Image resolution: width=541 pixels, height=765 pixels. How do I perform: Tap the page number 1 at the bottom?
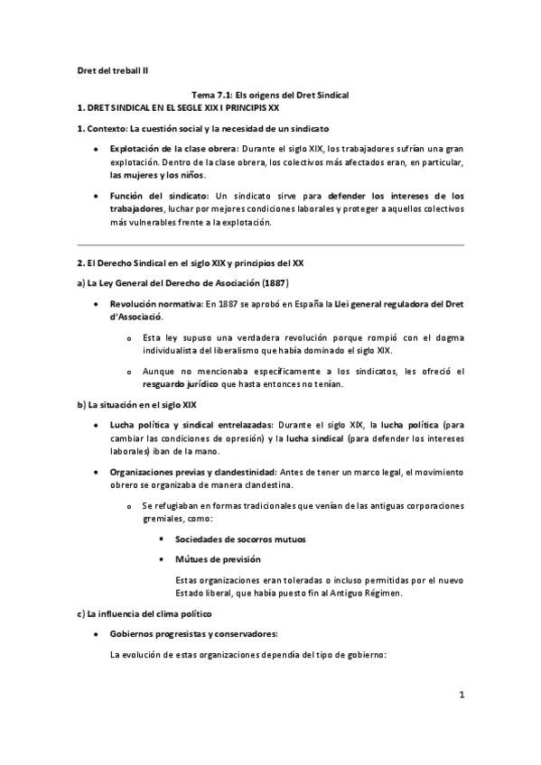pos(461,695)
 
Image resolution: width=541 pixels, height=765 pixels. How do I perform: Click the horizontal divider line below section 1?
pos(270,244)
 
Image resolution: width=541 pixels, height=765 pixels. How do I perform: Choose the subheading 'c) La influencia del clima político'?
pos(148,613)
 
